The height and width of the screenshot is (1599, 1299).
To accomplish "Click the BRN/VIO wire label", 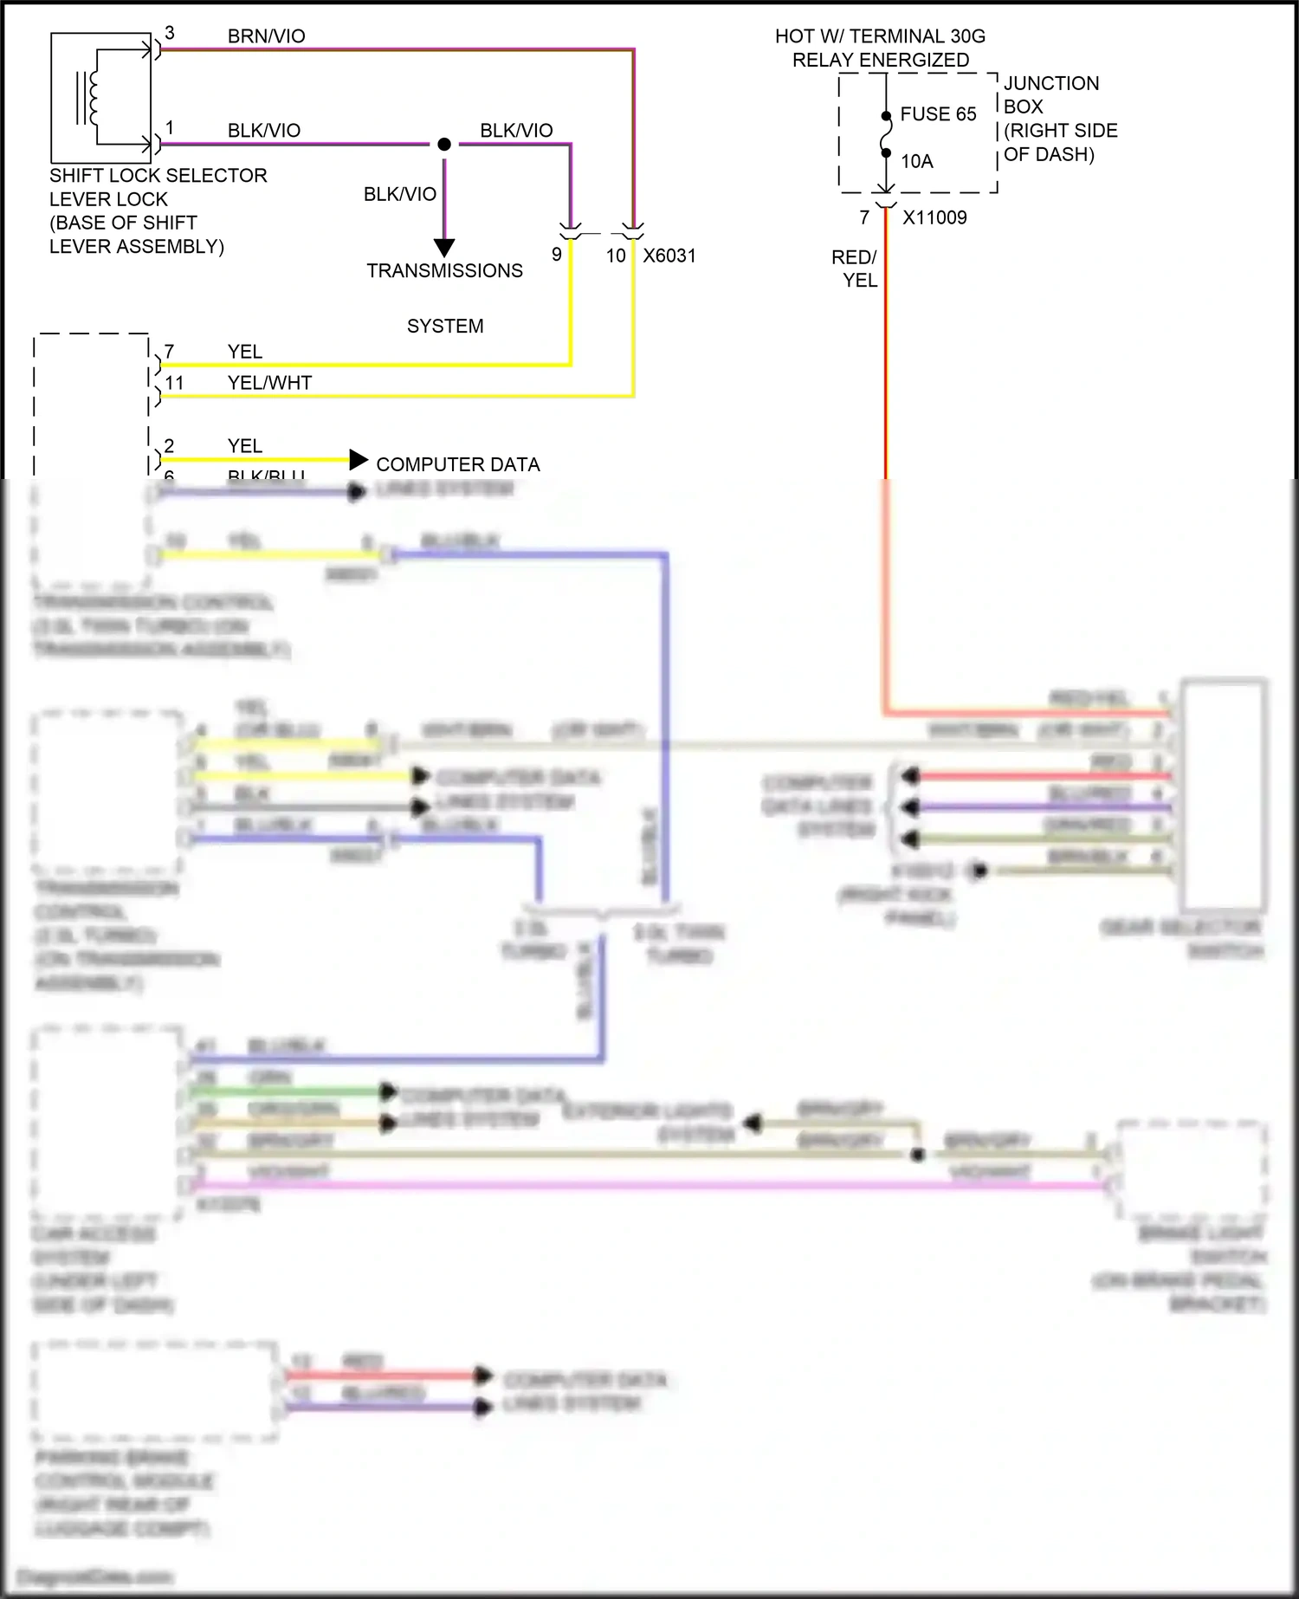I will coord(266,36).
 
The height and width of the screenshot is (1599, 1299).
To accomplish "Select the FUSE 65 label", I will coord(938,114).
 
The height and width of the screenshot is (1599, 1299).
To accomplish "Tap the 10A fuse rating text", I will coord(916,161).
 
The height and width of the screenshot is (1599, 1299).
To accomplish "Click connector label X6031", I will coord(669,256).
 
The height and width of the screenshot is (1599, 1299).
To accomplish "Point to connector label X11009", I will coord(934,217).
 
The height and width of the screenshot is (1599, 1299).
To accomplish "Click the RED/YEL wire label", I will coord(855,269).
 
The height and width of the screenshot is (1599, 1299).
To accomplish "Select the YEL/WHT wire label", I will coord(269,383).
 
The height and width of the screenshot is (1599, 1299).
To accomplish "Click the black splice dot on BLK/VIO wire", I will coord(444,145).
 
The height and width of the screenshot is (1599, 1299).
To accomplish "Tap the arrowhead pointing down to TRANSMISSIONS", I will coord(444,248).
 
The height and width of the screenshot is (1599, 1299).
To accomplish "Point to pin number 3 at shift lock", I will coord(170,33).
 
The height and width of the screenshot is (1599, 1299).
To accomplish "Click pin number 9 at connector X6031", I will coord(557,255).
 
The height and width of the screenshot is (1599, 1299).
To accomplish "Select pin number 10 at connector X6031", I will coord(616,256).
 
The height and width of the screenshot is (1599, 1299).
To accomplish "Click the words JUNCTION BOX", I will coord(1050,94).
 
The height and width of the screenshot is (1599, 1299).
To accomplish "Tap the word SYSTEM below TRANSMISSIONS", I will coord(445,327).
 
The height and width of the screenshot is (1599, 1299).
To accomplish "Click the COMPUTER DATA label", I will coord(457,464).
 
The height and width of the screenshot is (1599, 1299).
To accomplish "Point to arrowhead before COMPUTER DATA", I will coord(359,460).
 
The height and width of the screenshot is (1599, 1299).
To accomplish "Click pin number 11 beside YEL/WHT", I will coord(174,383).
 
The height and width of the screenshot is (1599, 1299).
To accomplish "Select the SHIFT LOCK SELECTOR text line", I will coord(158,176).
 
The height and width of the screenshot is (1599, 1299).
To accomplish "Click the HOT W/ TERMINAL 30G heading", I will coord(880,36).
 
